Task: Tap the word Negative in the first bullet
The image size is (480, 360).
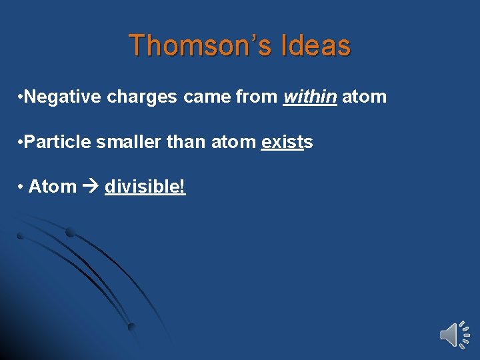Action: pyautogui.click(x=61, y=97)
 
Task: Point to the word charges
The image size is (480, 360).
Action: pyautogui.click(x=140, y=97)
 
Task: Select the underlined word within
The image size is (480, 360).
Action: pyautogui.click(x=310, y=97)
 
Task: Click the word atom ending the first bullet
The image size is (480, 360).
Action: pyautogui.click(x=364, y=97)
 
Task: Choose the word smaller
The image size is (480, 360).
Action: pyautogui.click(x=115, y=142)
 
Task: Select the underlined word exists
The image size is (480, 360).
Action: pyautogui.click(x=287, y=142)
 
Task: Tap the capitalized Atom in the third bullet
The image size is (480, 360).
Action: pyautogui.click(x=53, y=187)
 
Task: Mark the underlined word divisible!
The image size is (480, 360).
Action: pyautogui.click(x=145, y=187)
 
